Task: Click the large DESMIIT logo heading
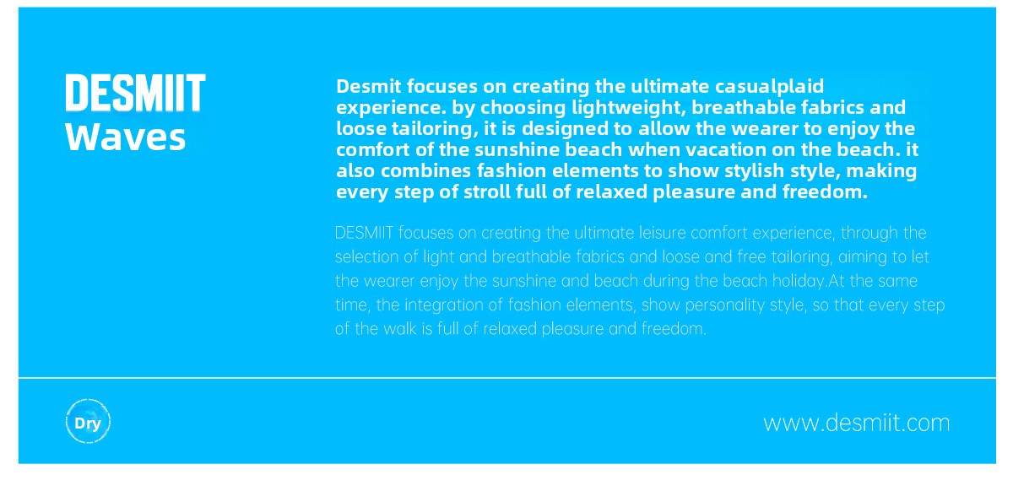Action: point(136,93)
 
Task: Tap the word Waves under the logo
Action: point(126,137)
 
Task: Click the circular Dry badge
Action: point(88,422)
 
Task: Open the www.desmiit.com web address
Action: point(857,423)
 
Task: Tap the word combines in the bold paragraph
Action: point(426,171)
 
